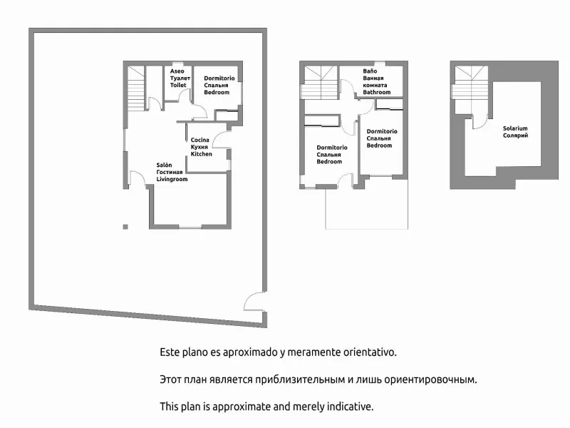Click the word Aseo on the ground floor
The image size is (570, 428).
click(177, 71)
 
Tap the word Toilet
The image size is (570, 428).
click(178, 85)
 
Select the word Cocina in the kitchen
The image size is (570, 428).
click(200, 140)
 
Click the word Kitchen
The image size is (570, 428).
click(202, 154)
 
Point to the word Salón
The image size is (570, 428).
click(164, 165)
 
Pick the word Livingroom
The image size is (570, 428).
click(172, 179)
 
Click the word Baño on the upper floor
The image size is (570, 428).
click(370, 71)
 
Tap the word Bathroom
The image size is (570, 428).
click(377, 92)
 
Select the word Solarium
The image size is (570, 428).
click(515, 128)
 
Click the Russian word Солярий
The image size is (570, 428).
click(515, 136)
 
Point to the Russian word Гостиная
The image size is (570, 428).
click(170, 172)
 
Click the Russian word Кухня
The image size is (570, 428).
click(199, 147)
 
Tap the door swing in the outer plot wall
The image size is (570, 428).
click(254, 301)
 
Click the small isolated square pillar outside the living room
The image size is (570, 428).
click(125, 227)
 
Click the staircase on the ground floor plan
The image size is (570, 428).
click(136, 88)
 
